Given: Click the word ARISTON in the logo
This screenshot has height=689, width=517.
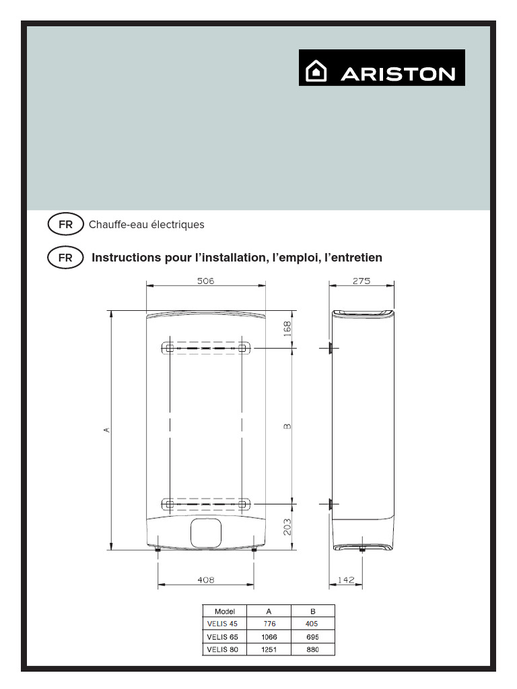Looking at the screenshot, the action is coord(398,73).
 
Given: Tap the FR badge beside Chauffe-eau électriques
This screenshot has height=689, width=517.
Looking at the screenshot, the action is coord(65,225).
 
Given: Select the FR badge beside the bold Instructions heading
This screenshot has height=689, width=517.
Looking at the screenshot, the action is coord(65,258).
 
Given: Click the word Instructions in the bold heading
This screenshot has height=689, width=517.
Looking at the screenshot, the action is coord(126,258).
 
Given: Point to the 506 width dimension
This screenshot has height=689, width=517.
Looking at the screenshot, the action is coord(205,281).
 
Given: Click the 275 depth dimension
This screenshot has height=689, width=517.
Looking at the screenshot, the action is coord(361,281).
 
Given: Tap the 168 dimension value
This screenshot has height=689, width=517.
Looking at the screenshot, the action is coord(287,329).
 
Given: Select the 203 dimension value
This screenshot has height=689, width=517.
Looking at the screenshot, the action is coord(287,525).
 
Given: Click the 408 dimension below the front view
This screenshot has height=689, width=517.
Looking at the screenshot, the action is coord(205,579).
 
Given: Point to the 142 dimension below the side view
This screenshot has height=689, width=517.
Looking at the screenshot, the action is coord(345,579).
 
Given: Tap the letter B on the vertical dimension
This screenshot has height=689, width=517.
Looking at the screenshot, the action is coord(287,426).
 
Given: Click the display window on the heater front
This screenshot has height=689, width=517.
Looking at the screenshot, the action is coord(205,532).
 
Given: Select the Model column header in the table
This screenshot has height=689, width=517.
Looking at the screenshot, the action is coord(225,612).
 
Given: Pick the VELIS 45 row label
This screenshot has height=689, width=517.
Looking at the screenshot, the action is coord(223,624).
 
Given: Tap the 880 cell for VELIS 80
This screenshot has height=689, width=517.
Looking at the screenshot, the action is coord(312,650).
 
